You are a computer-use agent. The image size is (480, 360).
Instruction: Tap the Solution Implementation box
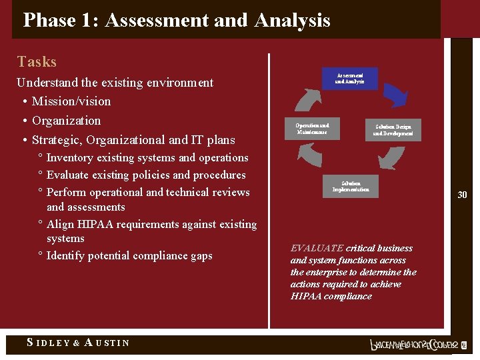coord(351,186)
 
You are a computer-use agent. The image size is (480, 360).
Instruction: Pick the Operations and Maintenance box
coord(312,129)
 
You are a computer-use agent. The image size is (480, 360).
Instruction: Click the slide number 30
coord(462,195)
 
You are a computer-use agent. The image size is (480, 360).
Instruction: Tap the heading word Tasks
coord(37,62)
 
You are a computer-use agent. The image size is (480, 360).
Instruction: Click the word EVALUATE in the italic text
coord(317,248)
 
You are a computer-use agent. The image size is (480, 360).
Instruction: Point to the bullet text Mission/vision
coord(71,101)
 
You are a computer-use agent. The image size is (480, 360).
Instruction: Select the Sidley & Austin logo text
coord(78,343)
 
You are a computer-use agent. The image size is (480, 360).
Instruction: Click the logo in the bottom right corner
coord(416,345)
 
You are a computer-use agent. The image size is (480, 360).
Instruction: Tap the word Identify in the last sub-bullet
coord(65,255)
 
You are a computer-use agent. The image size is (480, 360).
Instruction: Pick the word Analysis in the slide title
coord(292,21)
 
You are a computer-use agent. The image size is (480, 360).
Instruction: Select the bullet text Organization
coord(66,121)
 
